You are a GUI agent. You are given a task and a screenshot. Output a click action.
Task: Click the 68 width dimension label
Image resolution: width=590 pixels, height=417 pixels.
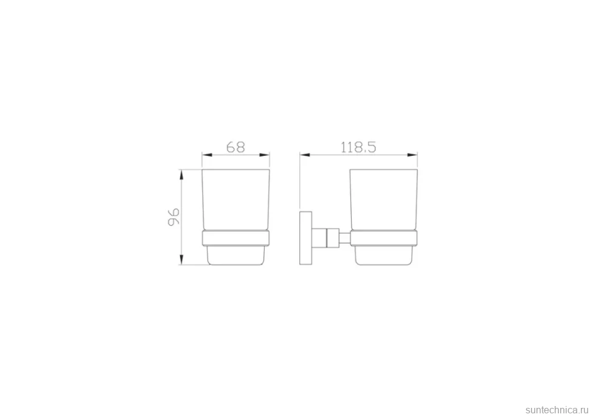tap(235, 147)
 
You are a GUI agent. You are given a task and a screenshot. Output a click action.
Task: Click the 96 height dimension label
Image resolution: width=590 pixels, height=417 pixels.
tap(174, 217)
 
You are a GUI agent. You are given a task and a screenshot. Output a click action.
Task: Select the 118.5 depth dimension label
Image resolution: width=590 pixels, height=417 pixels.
tap(358, 147)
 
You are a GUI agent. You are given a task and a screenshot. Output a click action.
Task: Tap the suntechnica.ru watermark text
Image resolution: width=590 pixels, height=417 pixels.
tap(557, 410)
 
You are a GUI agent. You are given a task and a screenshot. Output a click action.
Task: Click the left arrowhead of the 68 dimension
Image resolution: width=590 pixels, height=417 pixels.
tap(207, 155)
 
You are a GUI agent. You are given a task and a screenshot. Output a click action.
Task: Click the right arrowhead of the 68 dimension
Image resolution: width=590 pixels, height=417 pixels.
tap(265, 155)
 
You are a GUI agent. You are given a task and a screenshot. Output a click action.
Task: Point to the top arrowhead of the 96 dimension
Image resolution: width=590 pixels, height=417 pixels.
tap(181, 175)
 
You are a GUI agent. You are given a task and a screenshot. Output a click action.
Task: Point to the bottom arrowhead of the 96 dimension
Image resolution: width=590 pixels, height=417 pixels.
tap(181, 259)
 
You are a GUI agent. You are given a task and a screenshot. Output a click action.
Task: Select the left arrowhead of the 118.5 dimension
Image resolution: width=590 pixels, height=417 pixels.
tap(305, 155)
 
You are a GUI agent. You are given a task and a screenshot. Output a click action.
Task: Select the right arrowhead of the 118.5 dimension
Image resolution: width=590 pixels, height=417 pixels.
tap(412, 155)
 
